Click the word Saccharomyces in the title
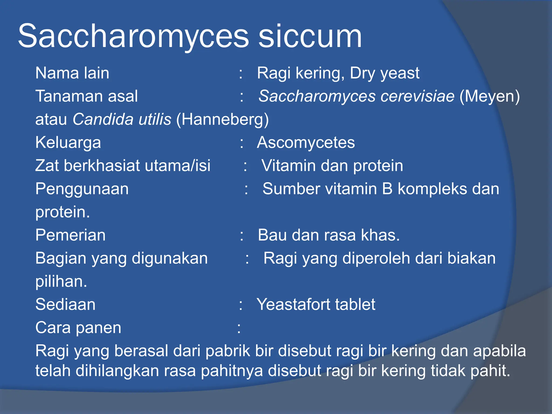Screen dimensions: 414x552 133,36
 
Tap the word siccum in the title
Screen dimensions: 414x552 310,36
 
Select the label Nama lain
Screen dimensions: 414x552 72,73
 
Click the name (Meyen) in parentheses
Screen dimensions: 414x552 489,96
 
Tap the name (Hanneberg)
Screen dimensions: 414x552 222,119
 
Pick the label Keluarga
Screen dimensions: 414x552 68,143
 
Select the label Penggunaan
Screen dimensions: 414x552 82,189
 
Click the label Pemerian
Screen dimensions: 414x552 70,235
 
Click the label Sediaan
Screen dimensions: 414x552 65,305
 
